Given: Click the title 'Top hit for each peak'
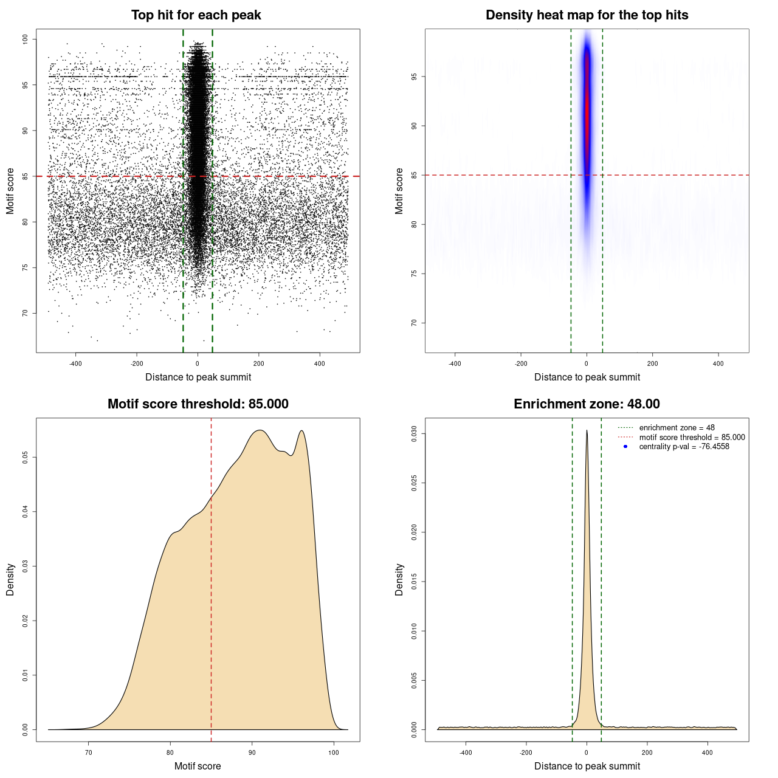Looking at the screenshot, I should coord(196,15).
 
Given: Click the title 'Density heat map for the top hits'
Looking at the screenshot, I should coord(587,15).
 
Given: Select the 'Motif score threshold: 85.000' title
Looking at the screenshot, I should coord(198,404).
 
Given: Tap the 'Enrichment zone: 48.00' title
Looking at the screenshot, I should coord(587,404).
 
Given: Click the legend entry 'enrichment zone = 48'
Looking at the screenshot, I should coord(676,428).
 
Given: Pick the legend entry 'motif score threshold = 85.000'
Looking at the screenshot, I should coord(692,437).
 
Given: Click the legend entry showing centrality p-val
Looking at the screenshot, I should coord(684,447).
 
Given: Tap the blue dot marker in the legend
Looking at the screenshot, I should coord(625,447).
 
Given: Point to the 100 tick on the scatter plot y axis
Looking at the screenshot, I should coord(25,40).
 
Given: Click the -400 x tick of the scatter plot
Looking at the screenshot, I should coord(75,364).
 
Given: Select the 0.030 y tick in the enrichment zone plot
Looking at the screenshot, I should coord(414,434).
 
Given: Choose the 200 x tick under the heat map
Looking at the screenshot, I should coord(652,364).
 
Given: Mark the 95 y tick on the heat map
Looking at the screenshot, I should coord(414,77).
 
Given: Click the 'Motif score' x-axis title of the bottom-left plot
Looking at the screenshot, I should coord(198,766).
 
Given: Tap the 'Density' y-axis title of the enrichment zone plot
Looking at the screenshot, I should coord(399,579).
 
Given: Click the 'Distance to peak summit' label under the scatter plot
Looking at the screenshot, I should coord(198,377).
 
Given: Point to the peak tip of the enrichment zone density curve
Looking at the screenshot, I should coord(587,431).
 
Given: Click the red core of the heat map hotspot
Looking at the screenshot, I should coord(587,109).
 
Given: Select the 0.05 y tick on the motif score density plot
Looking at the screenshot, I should coord(25,457).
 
